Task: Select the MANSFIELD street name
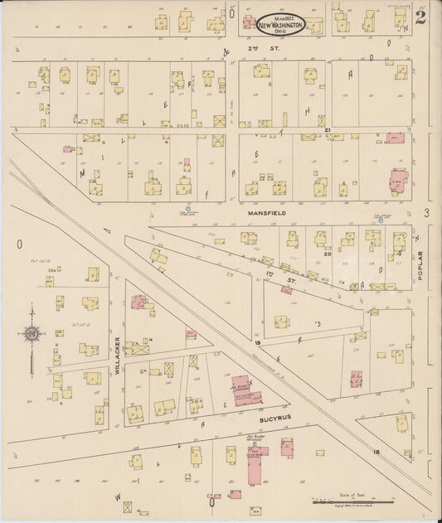coord(266,213)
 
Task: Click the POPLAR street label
coord(420,264)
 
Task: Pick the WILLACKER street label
coord(119,356)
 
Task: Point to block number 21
coord(328,130)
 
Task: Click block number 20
coord(328,254)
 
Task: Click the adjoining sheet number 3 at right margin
coord(426,214)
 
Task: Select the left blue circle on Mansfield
coord(188,209)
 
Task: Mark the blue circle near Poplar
coord(381,220)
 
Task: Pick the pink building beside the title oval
coord(248,23)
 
